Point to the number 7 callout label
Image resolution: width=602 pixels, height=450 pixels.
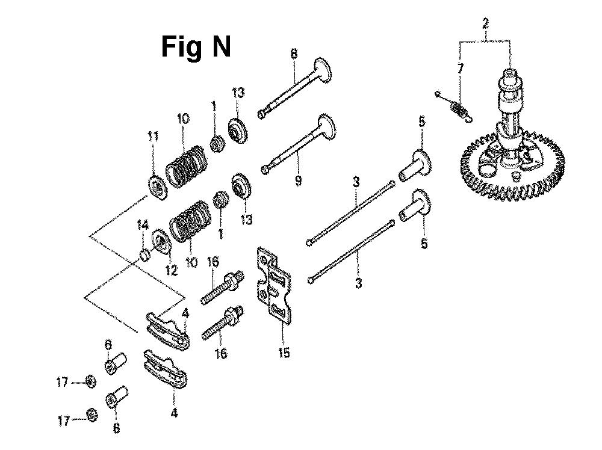pos(460,68)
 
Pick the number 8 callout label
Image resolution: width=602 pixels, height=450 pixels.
pos(294,54)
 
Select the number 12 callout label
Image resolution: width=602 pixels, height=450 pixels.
pos(171,270)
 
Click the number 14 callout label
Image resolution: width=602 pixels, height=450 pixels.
pos(142,225)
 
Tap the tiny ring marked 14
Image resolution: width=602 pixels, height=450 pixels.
pos(144,255)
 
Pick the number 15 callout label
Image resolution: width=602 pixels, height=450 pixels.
pos(284,353)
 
